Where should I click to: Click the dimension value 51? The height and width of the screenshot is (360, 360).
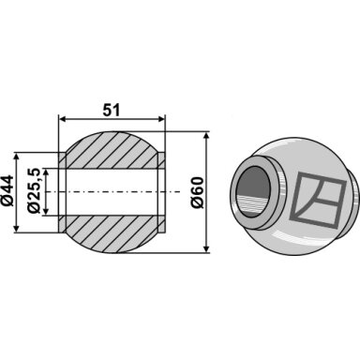112,110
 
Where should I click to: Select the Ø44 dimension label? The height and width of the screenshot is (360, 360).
8,190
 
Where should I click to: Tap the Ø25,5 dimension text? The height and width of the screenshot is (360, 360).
34,190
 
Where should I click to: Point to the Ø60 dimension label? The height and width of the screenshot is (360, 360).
198,192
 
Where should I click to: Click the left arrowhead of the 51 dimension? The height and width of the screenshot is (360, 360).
63,119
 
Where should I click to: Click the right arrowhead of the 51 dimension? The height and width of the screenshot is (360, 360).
160,119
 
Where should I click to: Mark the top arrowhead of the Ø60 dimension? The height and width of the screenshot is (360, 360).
206,136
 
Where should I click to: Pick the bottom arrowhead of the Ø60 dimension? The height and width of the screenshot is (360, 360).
206,248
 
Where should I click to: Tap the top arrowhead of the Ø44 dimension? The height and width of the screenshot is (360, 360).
17,157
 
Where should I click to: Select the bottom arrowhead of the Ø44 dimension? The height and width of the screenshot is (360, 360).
17,229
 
